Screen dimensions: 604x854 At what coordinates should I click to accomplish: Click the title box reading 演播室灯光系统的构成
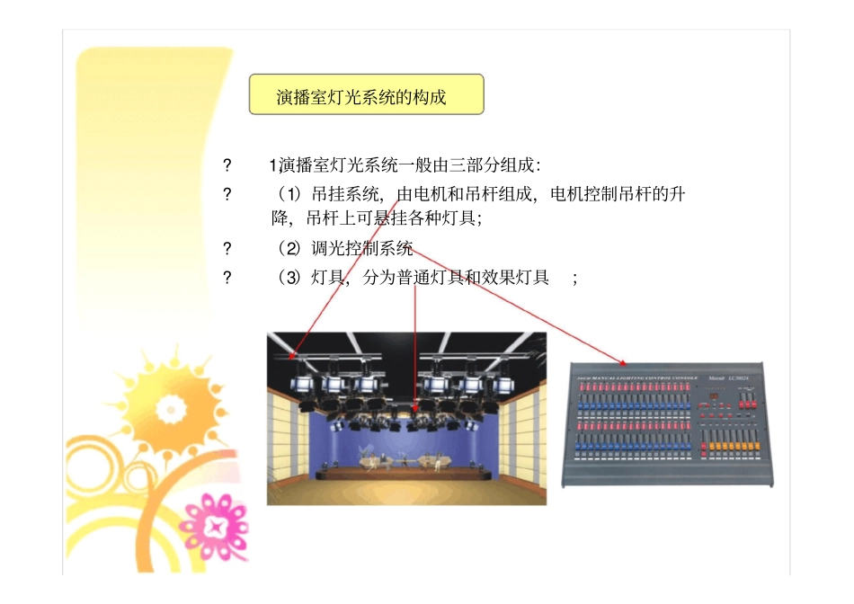pos(366,94)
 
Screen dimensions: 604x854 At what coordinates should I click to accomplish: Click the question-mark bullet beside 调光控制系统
pos(227,249)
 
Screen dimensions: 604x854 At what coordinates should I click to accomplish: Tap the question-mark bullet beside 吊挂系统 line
pos(227,194)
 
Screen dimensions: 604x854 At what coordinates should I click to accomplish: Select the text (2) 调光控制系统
pos(345,249)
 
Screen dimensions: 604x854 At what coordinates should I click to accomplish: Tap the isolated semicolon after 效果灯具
pos(574,279)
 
